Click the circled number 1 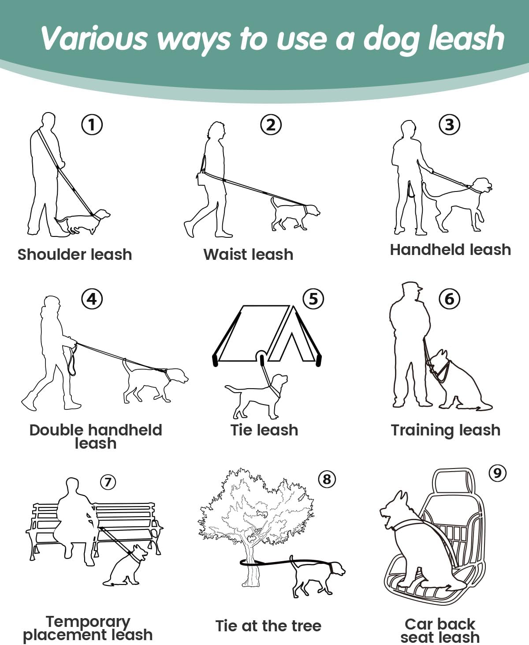(92, 124)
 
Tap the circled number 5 (313, 299)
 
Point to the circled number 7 (108, 482)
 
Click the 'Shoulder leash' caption (75, 255)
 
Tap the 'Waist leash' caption (248, 255)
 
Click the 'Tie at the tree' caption (268, 626)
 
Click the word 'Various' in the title (94, 38)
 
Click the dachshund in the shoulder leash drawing (82, 221)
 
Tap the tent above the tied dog (267, 335)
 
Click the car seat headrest (454, 482)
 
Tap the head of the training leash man (411, 291)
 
